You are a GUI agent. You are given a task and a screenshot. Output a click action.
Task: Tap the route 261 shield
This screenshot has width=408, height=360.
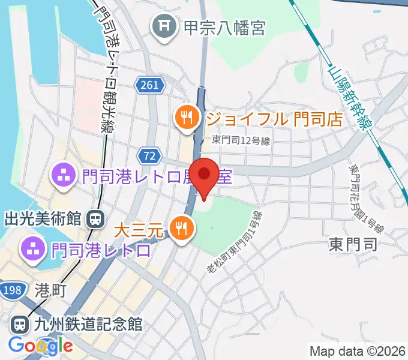point(148,85)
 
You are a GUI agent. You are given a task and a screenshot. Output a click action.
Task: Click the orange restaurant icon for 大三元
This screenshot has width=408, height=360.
point(181,228)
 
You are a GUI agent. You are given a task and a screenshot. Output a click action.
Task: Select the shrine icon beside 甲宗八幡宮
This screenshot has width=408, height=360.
point(163,27)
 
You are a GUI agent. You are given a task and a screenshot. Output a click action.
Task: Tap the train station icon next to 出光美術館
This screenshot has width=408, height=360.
point(95,219)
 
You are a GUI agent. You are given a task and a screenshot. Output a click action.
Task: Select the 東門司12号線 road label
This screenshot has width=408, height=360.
point(241,140)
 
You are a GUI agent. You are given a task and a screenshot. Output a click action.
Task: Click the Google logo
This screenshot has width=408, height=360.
point(40,346)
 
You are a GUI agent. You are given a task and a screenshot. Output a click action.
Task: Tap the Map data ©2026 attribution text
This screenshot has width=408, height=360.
point(357,351)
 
